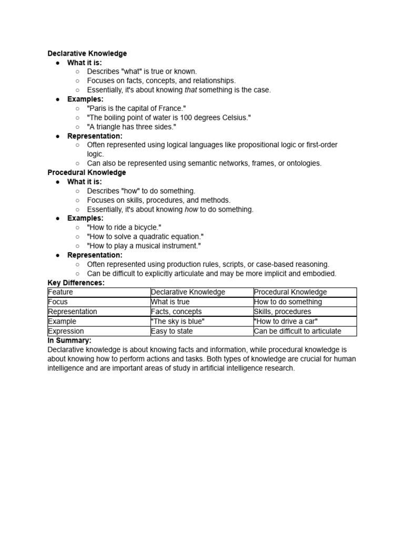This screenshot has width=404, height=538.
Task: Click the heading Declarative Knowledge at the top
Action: pos(87,54)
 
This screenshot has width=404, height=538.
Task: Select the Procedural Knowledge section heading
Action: pos(87,172)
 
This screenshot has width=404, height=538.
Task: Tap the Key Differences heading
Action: pos(76,283)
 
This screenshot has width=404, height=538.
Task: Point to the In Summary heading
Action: pos(69,340)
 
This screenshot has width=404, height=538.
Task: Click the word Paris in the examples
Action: pos(99,109)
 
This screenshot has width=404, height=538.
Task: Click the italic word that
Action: pos(190,90)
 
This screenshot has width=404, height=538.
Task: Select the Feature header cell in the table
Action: pos(60,292)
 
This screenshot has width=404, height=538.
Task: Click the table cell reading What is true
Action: pos(170,302)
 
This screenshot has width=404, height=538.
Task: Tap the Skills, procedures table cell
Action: pos(282,312)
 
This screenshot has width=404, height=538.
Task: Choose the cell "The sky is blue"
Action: pos(178,322)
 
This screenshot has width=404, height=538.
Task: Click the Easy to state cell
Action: pos(171,331)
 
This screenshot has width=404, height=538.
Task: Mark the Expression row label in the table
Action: pos(66,331)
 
